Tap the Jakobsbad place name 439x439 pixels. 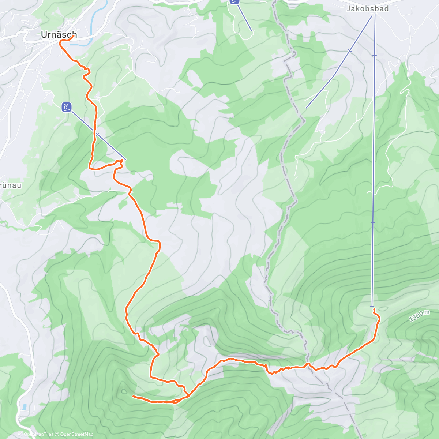pyautogui.click(x=368, y=8)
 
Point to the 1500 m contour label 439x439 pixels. pyautogui.click(x=419, y=316)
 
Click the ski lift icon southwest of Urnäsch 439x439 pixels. pyautogui.click(x=67, y=107)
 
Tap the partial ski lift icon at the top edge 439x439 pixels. pyautogui.click(x=234, y=1)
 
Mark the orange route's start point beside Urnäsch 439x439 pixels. pyautogui.click(x=76, y=35)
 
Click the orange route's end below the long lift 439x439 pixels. pyautogui.click(x=374, y=309)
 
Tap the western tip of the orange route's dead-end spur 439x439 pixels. pyautogui.click(x=133, y=396)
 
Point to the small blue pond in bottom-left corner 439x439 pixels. pyautogui.click(x=24, y=406)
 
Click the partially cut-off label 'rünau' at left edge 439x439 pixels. pyautogui.click(x=10, y=185)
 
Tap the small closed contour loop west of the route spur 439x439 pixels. pyautogui.click(x=124, y=391)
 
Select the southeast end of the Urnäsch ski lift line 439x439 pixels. pyautogui.click(x=126, y=160)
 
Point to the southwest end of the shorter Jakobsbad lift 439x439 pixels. pyautogui.click(x=306, y=108)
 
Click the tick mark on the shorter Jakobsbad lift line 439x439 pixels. pyautogui.click(x=350, y=51)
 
